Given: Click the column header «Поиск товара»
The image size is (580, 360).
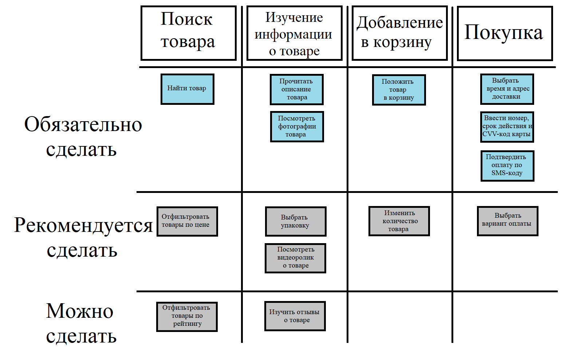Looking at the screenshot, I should pos(188,33).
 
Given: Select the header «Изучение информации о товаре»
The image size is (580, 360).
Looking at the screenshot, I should pos(294,33).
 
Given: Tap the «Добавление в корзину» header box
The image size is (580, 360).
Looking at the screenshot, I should pos(399,33).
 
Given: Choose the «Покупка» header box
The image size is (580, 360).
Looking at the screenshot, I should pos(505,33).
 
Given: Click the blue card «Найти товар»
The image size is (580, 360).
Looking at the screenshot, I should pos(187,89).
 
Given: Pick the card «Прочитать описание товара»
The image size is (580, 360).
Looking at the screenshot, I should pos(296,89).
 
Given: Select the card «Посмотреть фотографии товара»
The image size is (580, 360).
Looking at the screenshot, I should pos(297,126).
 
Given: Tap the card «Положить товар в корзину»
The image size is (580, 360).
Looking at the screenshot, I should pos(399,90).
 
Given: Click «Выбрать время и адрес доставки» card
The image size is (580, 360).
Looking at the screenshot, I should pos(507,89).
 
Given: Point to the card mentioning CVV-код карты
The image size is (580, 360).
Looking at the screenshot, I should pos(507,126).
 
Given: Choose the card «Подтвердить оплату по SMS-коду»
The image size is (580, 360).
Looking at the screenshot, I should pos(507,165).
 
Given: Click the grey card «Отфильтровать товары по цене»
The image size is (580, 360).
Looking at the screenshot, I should pos(187,221).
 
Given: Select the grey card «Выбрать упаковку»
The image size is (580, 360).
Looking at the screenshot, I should pos(295,221).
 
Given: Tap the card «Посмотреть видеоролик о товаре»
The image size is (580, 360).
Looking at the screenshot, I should pos(295,258).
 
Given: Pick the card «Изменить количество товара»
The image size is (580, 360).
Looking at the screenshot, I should pos(399,221).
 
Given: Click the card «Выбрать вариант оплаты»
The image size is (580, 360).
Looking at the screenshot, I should pos(507,221).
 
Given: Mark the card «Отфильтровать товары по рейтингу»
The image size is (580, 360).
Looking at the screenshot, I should pos(187,316).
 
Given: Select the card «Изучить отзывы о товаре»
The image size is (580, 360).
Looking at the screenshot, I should pos(295,316).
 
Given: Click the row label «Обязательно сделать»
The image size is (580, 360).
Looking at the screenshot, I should pos(83,137).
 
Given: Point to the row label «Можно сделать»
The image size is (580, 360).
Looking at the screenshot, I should pos(80,323).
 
